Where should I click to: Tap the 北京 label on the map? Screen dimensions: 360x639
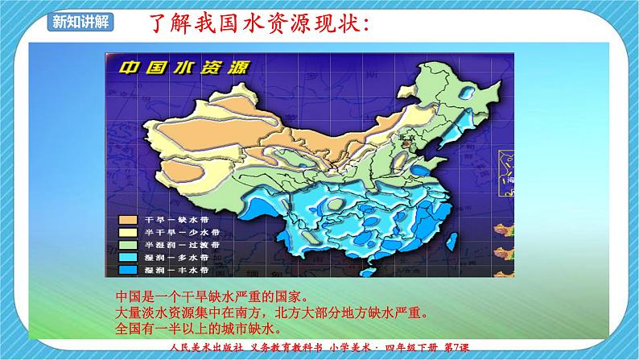tap(400, 138)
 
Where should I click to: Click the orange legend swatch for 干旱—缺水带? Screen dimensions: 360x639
tap(127, 219)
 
